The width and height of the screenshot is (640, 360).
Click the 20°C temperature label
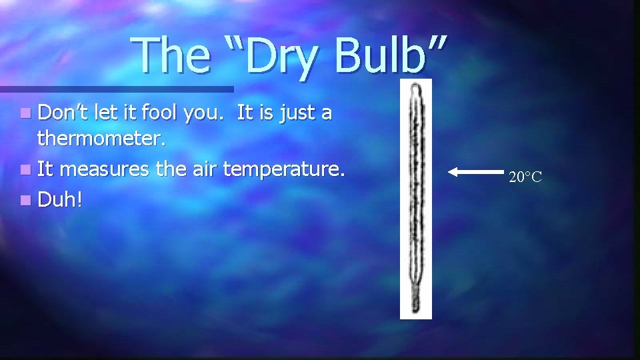click(x=525, y=177)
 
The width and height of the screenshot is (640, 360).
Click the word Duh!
click(x=60, y=199)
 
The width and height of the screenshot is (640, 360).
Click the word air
click(x=201, y=170)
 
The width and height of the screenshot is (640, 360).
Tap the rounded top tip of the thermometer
click(x=416, y=87)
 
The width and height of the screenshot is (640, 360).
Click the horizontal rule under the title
click(x=117, y=89)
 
